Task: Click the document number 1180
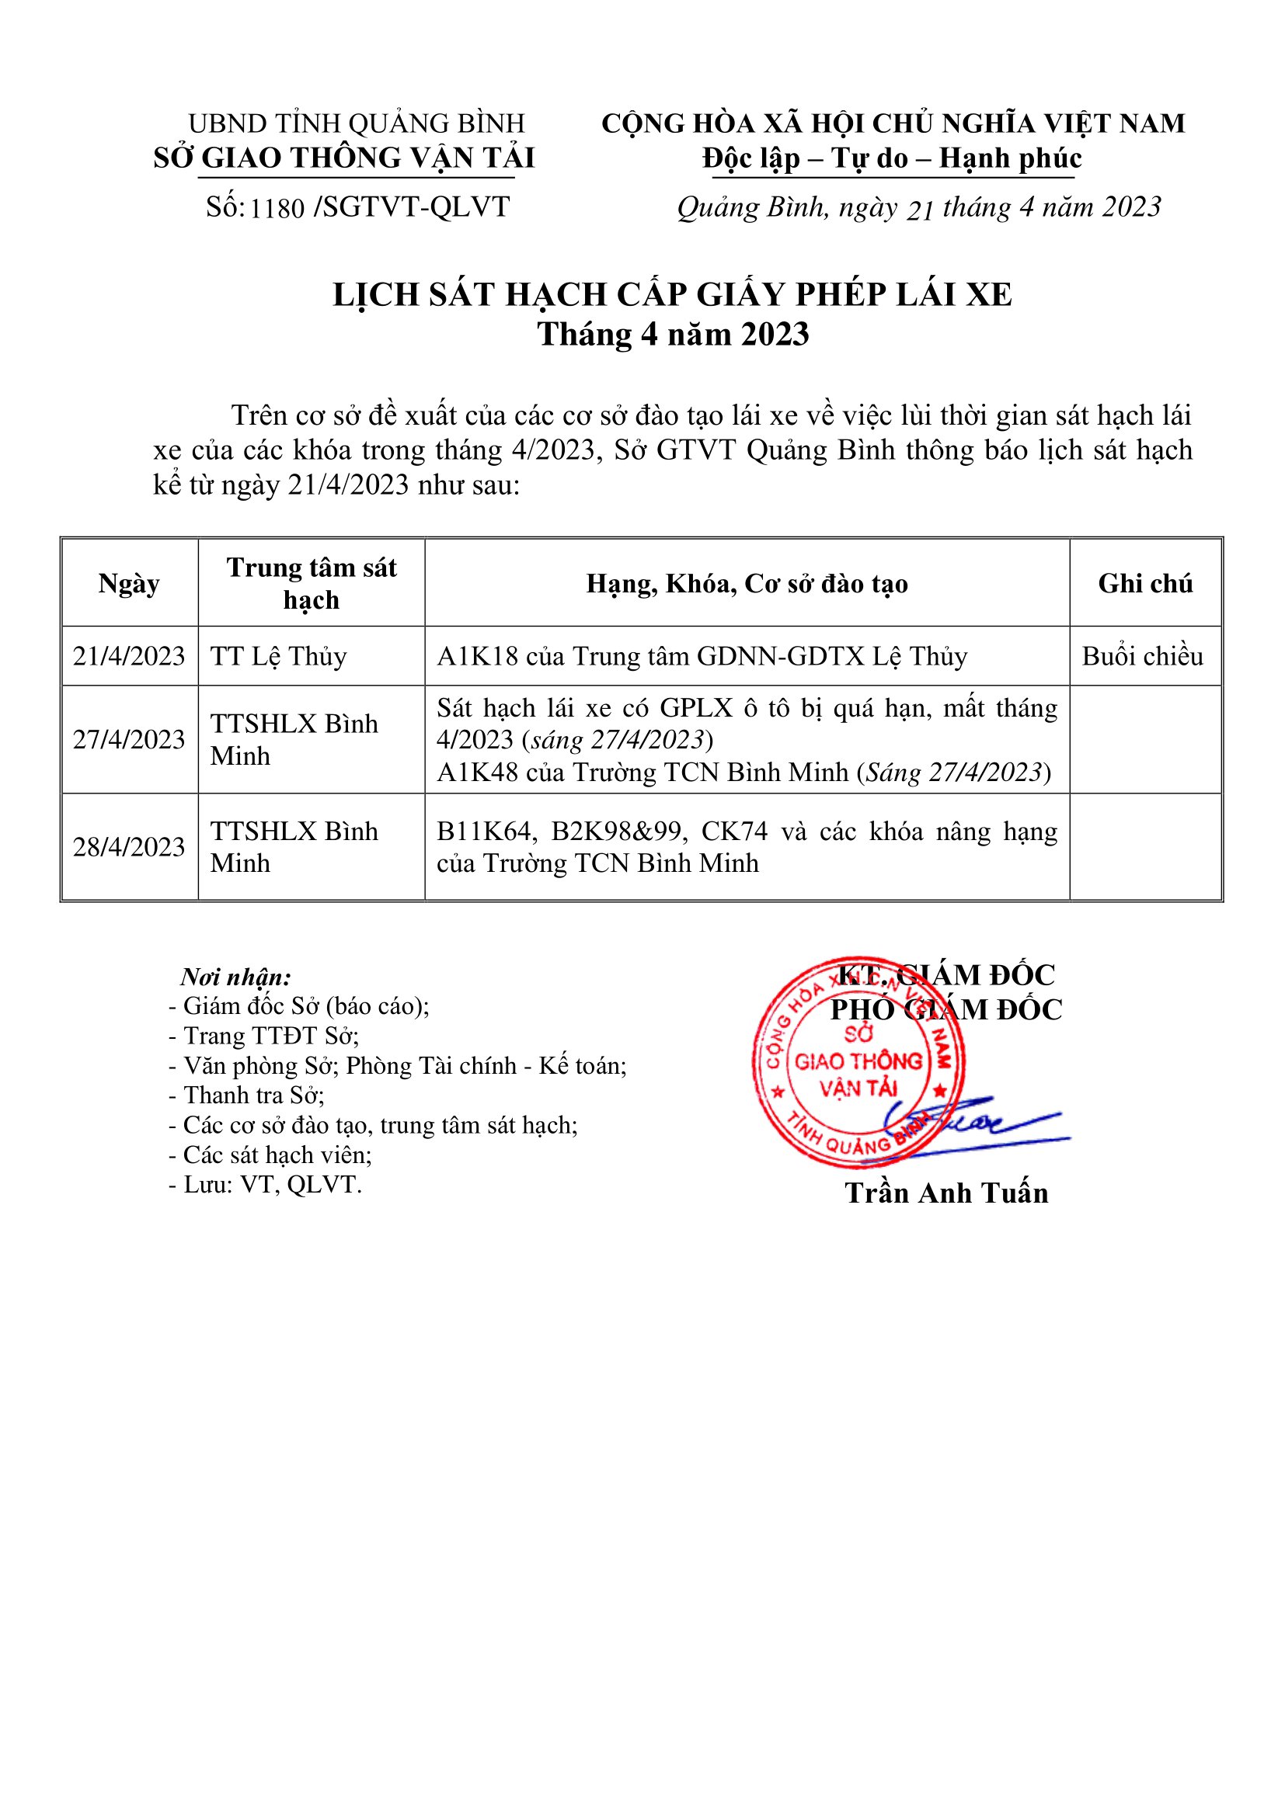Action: tap(277, 208)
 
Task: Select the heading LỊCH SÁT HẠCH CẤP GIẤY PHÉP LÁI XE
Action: tap(673, 295)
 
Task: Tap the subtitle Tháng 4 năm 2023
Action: tap(673, 335)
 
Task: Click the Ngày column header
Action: tap(129, 584)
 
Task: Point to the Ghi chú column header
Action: tap(1145, 584)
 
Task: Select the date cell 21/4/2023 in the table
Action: tap(129, 657)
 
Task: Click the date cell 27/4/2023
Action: tap(129, 740)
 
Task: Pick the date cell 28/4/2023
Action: tap(129, 847)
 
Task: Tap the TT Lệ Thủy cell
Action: tap(279, 657)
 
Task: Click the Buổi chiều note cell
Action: tap(1143, 657)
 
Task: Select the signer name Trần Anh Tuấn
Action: tap(946, 1193)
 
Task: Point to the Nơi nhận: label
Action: tap(236, 977)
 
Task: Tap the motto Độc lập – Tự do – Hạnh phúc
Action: tap(892, 159)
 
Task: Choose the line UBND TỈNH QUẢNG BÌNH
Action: tap(356, 124)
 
